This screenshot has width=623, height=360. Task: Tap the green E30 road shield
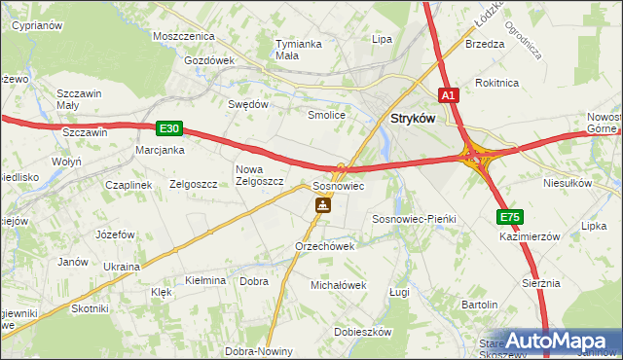coord(168,127)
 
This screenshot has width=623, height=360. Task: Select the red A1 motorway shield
coord(448,95)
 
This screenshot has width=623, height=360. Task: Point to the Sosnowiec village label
coord(338,185)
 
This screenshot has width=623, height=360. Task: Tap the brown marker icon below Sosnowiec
coord(322,205)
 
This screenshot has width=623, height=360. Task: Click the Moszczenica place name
coord(183,36)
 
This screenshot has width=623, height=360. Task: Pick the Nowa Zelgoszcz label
coord(259,175)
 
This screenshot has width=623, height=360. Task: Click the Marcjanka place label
coord(161,150)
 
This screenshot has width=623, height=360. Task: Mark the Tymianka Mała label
coord(299,50)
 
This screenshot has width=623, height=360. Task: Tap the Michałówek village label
coord(338,285)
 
